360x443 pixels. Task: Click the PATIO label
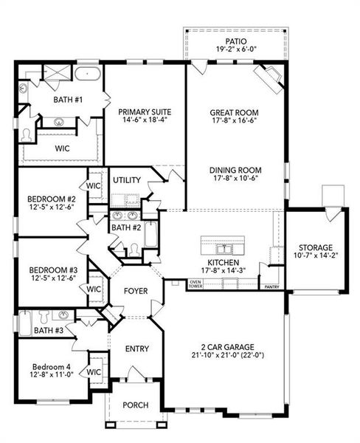[x=236, y=41]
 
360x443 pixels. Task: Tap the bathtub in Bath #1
[x=88, y=74]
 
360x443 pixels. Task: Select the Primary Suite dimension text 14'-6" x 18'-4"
[x=145, y=120]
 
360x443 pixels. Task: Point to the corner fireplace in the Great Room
[x=270, y=77]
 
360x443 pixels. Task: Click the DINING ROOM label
[x=235, y=170]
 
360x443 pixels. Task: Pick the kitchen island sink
[x=224, y=250]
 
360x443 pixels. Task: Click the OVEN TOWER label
[x=195, y=284]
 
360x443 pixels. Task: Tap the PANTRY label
[x=271, y=287]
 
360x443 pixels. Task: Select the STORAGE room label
[x=316, y=247]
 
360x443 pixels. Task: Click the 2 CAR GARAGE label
[x=227, y=347]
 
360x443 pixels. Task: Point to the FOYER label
[x=136, y=291]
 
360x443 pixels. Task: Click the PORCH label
[x=136, y=405]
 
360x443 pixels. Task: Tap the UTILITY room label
[x=127, y=179]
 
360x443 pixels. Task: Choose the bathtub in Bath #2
[x=150, y=234]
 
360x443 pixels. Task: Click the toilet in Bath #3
[x=44, y=317]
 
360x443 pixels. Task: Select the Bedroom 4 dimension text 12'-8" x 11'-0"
[x=52, y=374]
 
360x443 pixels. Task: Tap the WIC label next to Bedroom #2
[x=93, y=185]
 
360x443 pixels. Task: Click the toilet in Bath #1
[x=27, y=135]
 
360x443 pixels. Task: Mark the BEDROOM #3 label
[x=53, y=269]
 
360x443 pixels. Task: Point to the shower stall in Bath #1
[x=57, y=72]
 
